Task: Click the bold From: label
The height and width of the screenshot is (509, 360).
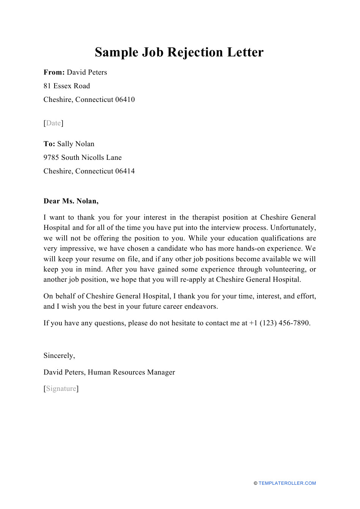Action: [x=54, y=72]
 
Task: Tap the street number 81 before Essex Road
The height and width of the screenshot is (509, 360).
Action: [x=47, y=86]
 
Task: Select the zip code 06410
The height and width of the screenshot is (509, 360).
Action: [x=125, y=100]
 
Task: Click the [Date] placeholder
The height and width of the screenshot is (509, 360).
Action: [x=53, y=123]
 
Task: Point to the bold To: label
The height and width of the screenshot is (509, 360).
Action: [x=49, y=144]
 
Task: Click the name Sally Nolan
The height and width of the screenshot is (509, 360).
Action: [x=76, y=144]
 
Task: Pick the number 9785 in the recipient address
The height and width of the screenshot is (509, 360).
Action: [x=51, y=158]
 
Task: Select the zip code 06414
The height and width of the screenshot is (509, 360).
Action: [x=125, y=171]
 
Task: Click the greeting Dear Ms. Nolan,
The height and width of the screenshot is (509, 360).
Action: [x=71, y=201]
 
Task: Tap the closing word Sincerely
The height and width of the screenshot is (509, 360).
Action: [x=59, y=356]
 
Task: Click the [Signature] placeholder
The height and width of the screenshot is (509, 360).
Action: [x=61, y=389]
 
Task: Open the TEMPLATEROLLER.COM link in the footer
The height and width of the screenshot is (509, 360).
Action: [x=287, y=483]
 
